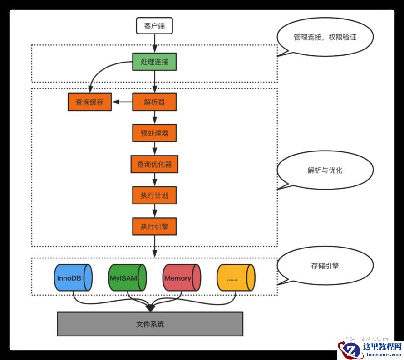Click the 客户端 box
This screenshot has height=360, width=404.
pos(154,26)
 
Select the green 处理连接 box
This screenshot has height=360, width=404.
pos(154,62)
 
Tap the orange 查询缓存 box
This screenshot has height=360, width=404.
pos(89,102)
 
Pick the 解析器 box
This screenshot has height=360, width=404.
pos(154,102)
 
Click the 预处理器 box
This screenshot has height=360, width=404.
pos(154,133)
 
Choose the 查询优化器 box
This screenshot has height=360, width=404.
pos(154,164)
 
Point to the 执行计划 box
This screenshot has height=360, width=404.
pos(154,195)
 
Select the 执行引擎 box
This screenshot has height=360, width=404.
pos(154,226)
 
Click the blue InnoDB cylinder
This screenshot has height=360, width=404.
pos(73,277)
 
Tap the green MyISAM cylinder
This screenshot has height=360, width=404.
pos(127,277)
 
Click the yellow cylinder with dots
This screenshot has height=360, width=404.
pos(235,277)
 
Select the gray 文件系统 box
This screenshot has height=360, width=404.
pos(150,324)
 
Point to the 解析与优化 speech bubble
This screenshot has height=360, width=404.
pos(325,170)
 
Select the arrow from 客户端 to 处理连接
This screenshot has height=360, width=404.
pos(154,44)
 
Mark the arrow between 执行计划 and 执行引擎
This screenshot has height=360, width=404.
pos(154,210)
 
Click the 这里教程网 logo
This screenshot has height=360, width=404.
pos(370,350)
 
